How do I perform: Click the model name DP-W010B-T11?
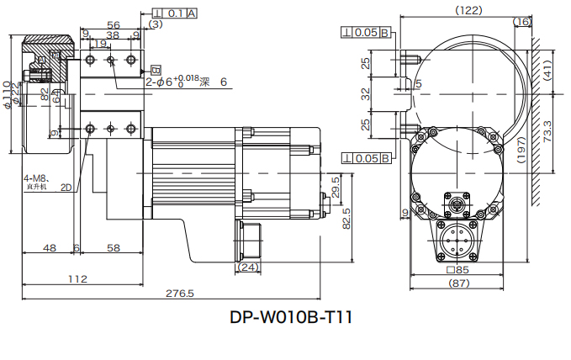tap(290, 319)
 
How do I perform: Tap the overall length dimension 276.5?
tap(180, 294)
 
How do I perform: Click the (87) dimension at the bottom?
tap(458, 283)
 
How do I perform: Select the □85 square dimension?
tap(458, 271)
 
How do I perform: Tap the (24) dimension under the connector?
tap(247, 267)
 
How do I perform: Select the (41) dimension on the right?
tap(547, 75)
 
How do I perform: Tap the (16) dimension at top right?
tap(521, 22)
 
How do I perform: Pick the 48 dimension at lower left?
tap(50, 248)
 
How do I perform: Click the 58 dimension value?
tap(113, 248)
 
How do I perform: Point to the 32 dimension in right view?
tap(365, 93)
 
